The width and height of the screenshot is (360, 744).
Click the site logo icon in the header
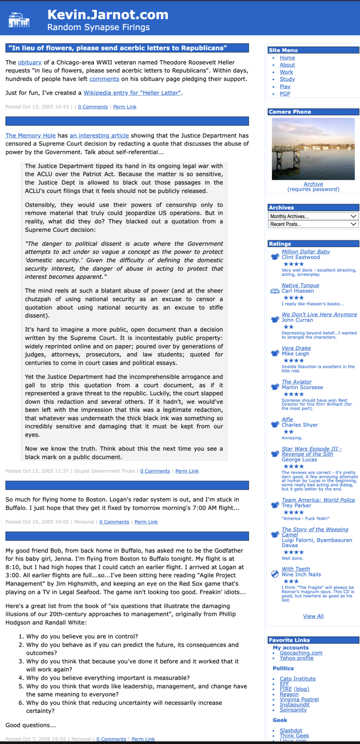19,19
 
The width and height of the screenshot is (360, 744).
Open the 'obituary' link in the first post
30,63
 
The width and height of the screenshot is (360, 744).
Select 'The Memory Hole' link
31,135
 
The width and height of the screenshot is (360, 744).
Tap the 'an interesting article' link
99,135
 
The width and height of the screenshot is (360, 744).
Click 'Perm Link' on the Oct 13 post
125,107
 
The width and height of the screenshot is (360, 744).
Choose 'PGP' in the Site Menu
285,94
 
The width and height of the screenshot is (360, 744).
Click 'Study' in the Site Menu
287,79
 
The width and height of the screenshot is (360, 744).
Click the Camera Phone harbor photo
313,149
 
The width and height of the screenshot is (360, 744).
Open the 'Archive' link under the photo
313,184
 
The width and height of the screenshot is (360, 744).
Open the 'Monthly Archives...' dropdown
313,216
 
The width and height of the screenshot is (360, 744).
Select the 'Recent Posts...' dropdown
313,224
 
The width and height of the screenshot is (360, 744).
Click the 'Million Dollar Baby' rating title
306,252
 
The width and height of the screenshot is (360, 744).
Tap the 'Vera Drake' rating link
296,348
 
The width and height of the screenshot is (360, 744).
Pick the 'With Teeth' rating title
296,569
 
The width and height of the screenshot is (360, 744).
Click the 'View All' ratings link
313,616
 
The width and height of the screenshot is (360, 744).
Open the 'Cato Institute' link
297,679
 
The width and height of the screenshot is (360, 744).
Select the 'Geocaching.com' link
301,653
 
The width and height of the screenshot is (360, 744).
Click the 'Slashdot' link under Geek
291,730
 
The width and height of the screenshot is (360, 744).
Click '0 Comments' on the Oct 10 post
114,522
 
